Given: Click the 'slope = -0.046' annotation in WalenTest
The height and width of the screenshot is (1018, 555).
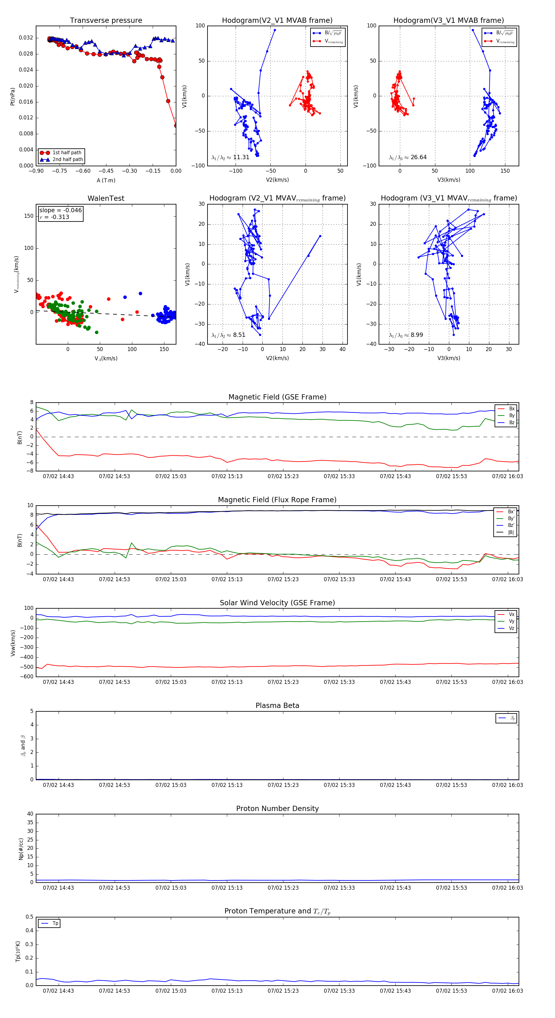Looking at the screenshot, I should point(60,210).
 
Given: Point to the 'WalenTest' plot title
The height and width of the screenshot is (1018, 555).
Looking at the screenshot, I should point(106,198).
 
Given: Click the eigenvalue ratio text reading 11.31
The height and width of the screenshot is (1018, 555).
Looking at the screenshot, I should point(230,157).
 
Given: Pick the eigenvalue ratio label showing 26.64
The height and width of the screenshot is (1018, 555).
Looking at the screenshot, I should point(408,157).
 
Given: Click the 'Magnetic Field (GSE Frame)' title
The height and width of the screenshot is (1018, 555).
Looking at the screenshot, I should point(277,397).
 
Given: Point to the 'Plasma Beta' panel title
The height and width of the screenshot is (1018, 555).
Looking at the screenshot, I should point(277,706).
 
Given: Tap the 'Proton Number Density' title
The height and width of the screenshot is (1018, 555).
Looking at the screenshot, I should point(277,809).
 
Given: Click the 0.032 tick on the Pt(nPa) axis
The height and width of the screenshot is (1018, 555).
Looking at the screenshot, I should point(26,38).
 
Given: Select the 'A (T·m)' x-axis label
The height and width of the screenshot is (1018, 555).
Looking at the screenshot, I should point(106,180).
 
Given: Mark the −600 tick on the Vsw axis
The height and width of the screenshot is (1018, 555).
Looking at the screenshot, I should point(26,677).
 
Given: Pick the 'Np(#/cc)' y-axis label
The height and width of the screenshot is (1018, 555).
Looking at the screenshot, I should point(21,849).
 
